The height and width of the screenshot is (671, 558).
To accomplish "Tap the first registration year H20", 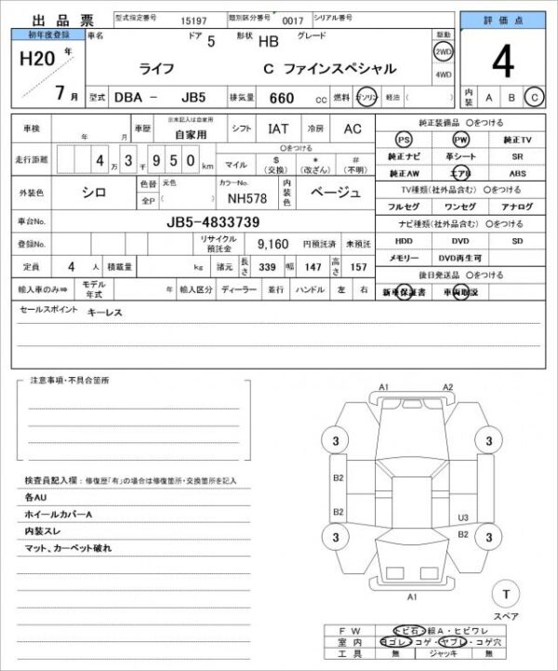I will pos(33,60).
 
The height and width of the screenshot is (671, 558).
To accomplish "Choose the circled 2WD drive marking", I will pos(443,53).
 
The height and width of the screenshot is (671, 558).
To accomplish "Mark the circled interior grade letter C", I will pos(534,97).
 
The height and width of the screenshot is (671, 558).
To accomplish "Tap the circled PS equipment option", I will pos(403,139).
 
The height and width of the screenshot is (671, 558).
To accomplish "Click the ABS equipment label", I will pos(517,174).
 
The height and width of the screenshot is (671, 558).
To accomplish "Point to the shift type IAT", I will pos(278,129).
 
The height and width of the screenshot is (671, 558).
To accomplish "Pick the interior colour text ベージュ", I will pos(334,193).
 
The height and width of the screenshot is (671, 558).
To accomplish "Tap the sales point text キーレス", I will pos(103,313).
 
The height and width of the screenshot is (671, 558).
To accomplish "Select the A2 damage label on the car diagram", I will pos(447,386).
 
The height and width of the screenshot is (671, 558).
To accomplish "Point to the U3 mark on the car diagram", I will pos(462,518).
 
